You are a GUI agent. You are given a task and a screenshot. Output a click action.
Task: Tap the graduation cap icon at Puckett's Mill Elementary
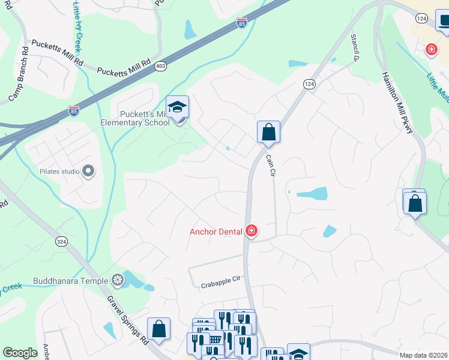click(x=178, y=107)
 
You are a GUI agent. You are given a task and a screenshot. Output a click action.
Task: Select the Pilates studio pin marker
click(x=89, y=172)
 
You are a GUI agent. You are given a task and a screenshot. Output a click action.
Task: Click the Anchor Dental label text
click(x=215, y=231)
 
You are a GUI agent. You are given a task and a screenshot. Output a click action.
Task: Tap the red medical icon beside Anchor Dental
click(x=251, y=231)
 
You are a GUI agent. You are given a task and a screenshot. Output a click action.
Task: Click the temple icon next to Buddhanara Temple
click(x=118, y=280)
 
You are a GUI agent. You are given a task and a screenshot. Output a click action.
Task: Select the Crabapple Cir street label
click(x=220, y=278)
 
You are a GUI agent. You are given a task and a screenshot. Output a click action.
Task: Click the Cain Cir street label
click(x=271, y=165)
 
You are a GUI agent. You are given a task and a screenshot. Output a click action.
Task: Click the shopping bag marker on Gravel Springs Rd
click(x=159, y=329)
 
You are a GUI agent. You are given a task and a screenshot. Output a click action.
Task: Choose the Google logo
click(x=20, y=353)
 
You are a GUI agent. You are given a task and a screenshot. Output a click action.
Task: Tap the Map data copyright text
click(x=423, y=355)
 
